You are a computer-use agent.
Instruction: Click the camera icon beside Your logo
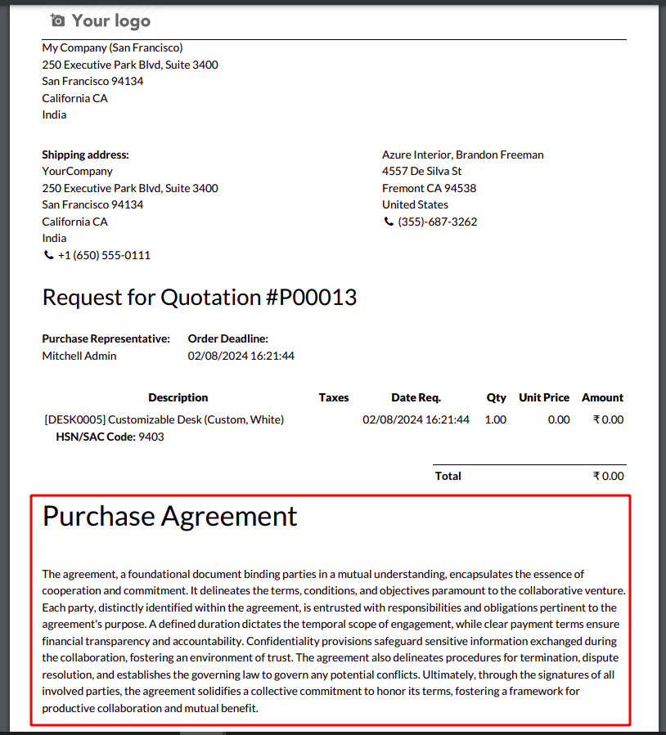pos(56,20)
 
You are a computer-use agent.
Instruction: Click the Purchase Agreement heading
pos(170,516)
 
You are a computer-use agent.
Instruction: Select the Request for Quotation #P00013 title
pos(200,297)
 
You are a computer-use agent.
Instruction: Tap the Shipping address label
pos(85,155)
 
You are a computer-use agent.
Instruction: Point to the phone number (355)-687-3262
pos(437,222)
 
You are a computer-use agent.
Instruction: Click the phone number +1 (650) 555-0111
pos(104,255)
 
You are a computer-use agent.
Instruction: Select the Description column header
pos(178,397)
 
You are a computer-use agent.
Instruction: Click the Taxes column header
pos(334,397)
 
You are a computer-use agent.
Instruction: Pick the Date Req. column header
pos(416,397)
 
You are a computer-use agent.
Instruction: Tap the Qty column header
pos(497,397)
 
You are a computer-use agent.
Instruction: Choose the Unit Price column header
pos(544,397)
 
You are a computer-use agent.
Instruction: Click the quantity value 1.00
pos(496,419)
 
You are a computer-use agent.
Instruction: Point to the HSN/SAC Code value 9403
pos(151,437)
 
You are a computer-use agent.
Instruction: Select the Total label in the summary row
pos(448,476)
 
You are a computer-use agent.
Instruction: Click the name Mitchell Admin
pos(79,356)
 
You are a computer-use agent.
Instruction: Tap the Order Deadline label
pos(228,338)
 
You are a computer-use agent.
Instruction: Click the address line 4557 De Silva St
pos(422,171)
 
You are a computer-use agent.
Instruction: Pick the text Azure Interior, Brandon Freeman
pos(463,155)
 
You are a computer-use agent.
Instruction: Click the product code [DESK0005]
pos(74,419)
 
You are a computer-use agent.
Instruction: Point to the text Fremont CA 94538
pos(429,188)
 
